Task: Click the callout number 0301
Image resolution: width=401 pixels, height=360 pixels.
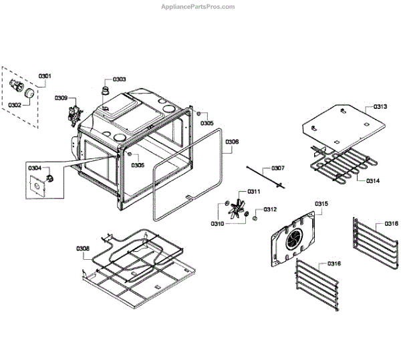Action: [45, 76]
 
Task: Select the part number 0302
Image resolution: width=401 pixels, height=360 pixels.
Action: [15, 104]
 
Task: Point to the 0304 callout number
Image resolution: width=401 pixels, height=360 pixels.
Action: [35, 168]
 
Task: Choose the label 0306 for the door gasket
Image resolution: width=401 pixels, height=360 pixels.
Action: [232, 142]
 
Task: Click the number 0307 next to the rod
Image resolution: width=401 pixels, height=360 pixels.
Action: [277, 168]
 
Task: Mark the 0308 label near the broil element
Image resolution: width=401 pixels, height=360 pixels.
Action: [83, 248]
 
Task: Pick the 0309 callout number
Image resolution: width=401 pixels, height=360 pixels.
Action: [61, 98]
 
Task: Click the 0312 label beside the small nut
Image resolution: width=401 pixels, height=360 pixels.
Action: [269, 210]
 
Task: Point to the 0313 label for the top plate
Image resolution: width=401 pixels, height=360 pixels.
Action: [380, 107]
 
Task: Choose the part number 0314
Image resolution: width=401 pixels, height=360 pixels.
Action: [372, 181]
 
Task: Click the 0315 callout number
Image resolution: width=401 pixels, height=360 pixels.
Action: [321, 203]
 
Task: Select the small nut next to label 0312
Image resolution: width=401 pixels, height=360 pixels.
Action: [255, 216]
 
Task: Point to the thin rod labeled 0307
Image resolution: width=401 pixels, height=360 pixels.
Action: [265, 177]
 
